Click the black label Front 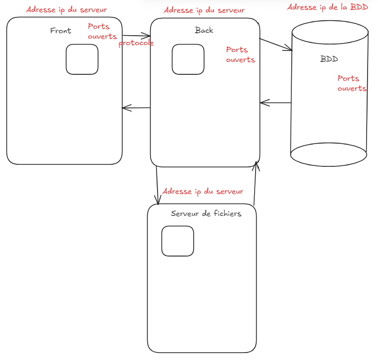coord(60,31)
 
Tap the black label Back coord(204,30)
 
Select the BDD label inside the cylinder coord(329,59)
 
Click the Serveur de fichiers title coord(206,213)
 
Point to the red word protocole coord(136,43)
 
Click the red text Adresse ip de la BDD coord(327,7)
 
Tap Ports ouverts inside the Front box coord(102,31)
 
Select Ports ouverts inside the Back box coord(240,54)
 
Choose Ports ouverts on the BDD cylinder coord(352,83)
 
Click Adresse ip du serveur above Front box coord(66,9)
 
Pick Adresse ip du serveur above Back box coord(204,10)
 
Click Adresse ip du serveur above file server coord(203,191)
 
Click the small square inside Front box coord(82,59)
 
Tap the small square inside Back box coord(188,59)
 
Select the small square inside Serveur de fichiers coord(178,241)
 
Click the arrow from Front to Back coord(136,36)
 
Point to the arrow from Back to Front coord(136,107)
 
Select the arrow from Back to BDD coord(275,44)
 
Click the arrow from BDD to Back coord(275,103)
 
